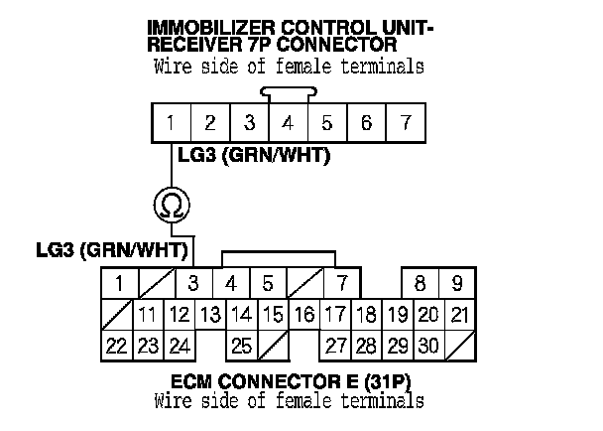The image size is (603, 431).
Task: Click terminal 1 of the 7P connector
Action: [x=172, y=124]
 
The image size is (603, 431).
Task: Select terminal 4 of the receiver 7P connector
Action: [x=288, y=124]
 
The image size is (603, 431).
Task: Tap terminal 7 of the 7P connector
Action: [x=404, y=124]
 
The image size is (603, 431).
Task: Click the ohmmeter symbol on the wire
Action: [x=172, y=206]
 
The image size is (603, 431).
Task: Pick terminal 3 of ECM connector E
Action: [x=193, y=283]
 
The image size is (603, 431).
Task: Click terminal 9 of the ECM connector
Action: [x=457, y=283]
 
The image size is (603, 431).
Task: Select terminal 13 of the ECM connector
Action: [x=209, y=316]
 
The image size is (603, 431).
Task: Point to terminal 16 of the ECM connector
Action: [x=304, y=316]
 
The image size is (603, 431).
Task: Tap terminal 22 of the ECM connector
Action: [x=116, y=347]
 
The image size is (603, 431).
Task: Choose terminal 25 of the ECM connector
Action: [x=240, y=347]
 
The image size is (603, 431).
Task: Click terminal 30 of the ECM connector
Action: [x=427, y=347]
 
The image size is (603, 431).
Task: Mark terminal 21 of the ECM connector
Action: [x=458, y=316]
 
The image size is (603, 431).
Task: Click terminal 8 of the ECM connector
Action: [x=421, y=283]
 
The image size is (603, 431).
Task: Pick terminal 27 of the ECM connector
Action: [x=335, y=347]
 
